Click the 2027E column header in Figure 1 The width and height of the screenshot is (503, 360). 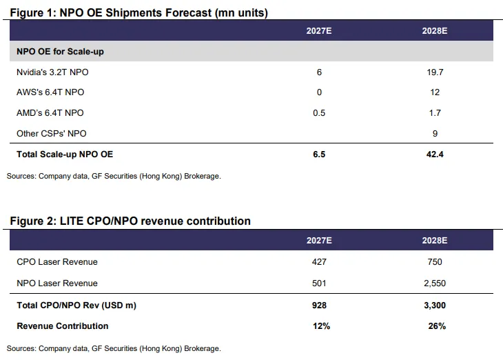point(319,31)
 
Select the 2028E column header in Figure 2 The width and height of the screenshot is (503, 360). point(435,241)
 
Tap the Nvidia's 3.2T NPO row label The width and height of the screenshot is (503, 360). point(52,72)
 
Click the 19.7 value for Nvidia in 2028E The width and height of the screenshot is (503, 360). point(435,72)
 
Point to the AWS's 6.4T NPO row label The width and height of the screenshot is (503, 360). point(50,92)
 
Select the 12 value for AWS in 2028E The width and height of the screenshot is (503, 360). point(435,92)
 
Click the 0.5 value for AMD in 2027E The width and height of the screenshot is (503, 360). point(319,113)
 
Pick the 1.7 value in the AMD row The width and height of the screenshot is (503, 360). point(435,113)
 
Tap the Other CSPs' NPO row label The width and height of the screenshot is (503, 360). point(51,134)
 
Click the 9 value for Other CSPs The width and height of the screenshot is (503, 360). point(435,134)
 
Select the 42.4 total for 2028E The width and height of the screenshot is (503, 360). point(435,154)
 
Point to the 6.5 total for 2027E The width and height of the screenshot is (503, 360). point(319,154)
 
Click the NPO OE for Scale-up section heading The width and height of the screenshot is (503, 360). point(60,52)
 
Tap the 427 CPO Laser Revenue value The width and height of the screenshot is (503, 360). point(319,262)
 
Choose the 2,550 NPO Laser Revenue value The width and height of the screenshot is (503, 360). point(435,283)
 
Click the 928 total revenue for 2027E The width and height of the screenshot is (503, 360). point(319,306)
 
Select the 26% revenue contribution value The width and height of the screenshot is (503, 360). point(437,326)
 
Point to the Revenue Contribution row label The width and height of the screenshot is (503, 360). point(63,326)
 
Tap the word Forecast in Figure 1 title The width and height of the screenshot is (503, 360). point(188,13)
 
